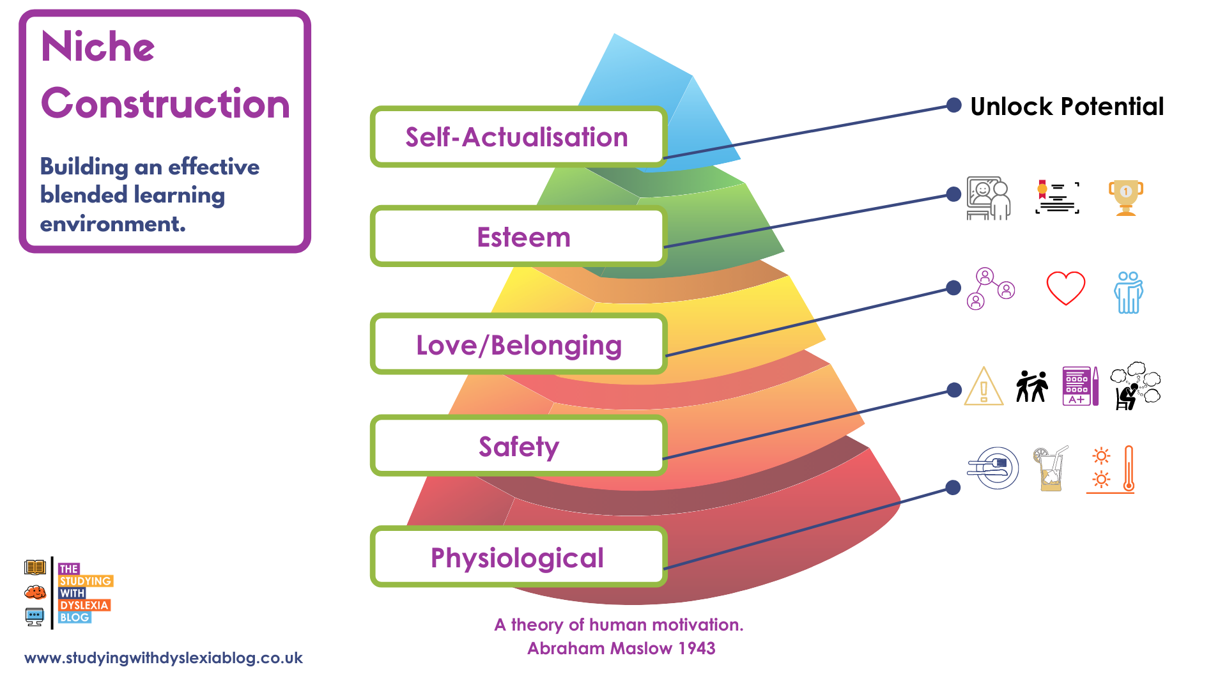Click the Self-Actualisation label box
518,137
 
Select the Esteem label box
518,236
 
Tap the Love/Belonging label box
518,344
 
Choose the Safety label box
518,446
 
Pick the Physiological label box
518,557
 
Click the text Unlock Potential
1067,107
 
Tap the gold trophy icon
1125,197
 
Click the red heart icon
1065,288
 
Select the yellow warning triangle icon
984,387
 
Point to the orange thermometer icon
1128,470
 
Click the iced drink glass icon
1051,470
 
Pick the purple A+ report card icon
1079,386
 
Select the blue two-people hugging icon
1128,293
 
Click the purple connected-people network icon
990,289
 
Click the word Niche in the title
98,47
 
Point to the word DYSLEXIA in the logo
84,605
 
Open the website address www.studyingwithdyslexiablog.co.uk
164,658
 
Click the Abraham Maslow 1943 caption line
621,648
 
